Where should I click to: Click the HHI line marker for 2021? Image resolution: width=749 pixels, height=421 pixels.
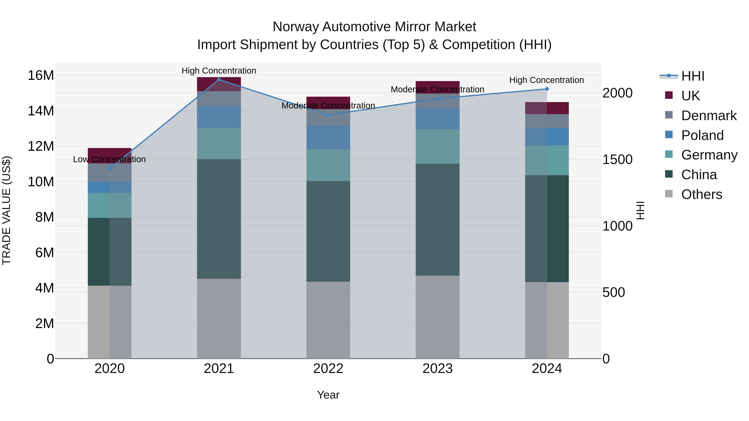point(219,80)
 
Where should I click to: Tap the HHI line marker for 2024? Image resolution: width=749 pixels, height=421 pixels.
point(547,89)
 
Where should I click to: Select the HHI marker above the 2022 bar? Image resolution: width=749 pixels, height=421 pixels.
point(328,115)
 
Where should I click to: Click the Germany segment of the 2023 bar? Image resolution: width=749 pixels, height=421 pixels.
point(438,146)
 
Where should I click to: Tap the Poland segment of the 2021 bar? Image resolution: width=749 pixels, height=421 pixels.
point(219,117)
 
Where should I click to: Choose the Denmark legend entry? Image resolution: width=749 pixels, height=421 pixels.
point(709,116)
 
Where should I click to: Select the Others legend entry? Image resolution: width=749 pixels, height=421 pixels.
point(701,194)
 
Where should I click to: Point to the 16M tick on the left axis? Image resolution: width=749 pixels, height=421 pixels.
point(41,75)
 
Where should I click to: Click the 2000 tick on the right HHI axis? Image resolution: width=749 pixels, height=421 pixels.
point(617,93)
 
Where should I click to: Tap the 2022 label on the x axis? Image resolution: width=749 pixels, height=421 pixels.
point(328,369)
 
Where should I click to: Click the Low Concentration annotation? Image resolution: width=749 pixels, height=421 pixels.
point(109,159)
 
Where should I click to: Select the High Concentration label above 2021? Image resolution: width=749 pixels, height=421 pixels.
point(219,71)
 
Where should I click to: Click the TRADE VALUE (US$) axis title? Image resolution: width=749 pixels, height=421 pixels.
point(6,210)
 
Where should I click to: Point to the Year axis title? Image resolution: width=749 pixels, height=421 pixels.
point(328,395)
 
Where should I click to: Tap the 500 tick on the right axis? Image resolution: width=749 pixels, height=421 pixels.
point(614,292)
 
